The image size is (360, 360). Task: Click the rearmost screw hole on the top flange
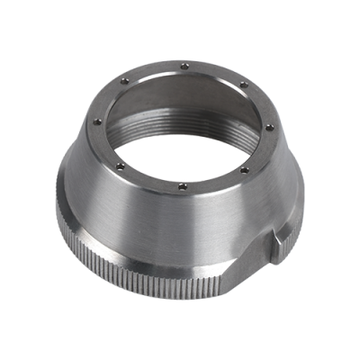(x=184, y=64)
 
